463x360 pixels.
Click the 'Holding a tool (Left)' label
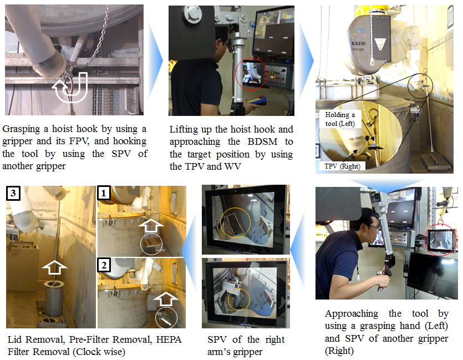coord(340,119)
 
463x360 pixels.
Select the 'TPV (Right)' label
coord(342,166)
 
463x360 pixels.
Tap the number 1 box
coord(104,192)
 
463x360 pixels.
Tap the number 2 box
coord(104,265)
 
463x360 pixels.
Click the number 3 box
coord(13,193)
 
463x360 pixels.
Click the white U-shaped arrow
coord(70,88)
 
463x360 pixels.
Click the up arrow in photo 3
coord(54,267)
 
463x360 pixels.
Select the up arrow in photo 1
coord(151,225)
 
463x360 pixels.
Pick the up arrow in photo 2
coord(166,298)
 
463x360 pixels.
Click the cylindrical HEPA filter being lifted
coord(54,298)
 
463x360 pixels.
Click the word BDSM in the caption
coord(262,141)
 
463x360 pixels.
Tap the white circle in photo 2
coord(166,318)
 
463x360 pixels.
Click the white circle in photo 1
coord(151,244)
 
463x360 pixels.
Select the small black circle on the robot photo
coord(420,86)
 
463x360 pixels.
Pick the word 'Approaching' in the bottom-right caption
coord(352,313)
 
